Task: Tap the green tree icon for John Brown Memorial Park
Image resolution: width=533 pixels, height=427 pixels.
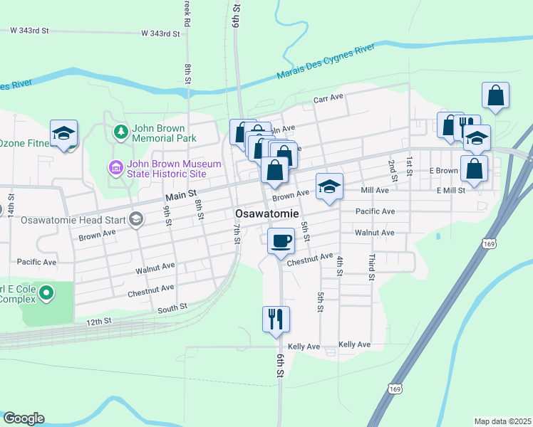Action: tap(120, 132)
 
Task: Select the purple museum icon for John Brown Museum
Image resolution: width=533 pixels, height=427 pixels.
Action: tap(114, 168)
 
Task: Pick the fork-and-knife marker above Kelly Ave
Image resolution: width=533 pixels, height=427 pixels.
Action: tap(276, 318)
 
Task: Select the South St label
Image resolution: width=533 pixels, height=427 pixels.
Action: tap(172, 307)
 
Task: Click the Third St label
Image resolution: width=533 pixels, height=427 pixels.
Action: tap(371, 269)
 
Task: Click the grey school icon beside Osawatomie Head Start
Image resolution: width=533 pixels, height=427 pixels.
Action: tap(135, 219)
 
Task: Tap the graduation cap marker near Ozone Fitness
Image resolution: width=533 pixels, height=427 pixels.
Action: tap(63, 133)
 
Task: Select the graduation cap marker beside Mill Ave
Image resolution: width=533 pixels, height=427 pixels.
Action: tap(329, 186)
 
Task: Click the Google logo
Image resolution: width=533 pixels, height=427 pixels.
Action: tap(24, 418)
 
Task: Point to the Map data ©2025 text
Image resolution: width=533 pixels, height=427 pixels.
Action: tap(502, 421)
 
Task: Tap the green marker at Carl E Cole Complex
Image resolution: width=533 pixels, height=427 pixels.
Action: tap(46, 292)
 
